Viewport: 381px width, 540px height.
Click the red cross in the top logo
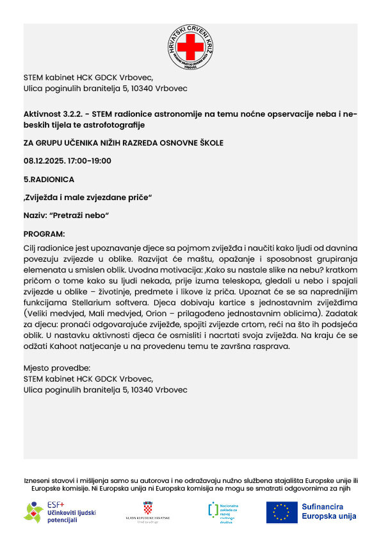tap(190, 47)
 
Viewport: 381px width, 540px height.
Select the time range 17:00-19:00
tap(90, 161)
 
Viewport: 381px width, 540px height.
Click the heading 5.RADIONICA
tap(49, 180)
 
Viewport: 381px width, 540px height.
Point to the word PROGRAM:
tap(44, 234)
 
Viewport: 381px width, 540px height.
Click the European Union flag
tap(282, 511)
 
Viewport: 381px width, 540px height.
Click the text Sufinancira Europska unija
tap(329, 511)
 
